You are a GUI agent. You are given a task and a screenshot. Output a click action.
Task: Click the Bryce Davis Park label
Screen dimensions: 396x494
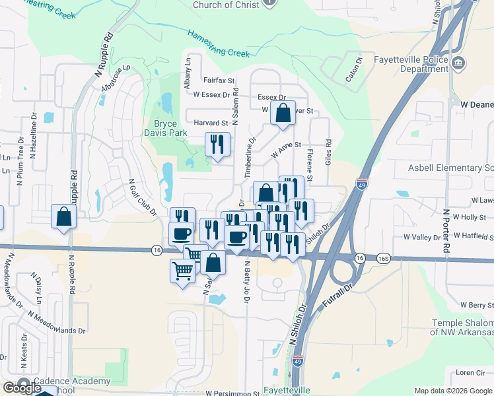(170, 128)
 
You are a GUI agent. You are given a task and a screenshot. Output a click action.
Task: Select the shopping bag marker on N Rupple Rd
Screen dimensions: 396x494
(63, 216)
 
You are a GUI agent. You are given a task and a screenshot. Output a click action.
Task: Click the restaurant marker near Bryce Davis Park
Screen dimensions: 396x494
(217, 144)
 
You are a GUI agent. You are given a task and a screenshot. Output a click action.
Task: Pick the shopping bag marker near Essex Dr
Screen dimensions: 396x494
(283, 113)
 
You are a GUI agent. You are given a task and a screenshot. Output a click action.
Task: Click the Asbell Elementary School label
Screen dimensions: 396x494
(450, 168)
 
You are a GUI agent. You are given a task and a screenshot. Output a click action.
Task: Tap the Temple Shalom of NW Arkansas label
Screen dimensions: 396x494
(462, 327)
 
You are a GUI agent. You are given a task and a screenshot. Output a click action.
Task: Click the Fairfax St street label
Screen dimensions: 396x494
(219, 81)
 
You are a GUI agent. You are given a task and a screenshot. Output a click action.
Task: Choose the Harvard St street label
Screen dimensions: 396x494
(211, 123)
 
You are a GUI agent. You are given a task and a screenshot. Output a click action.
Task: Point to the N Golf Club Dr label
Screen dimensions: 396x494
(142, 197)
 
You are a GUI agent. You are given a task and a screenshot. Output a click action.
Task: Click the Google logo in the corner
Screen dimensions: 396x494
(21, 388)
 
